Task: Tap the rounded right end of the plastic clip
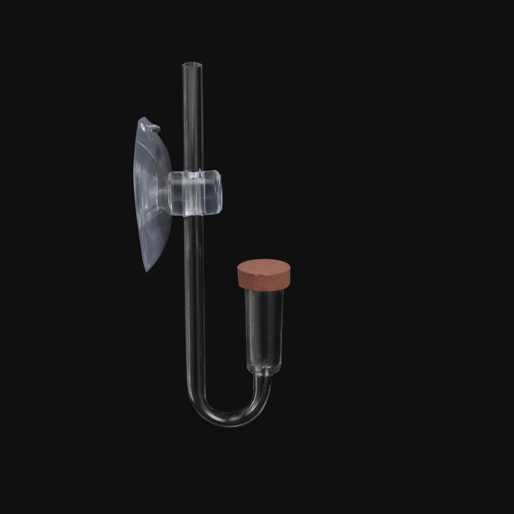tap(219, 193)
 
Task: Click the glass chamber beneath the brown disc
tap(264, 324)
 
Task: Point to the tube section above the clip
tap(192, 118)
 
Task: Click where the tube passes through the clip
tap(193, 193)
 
